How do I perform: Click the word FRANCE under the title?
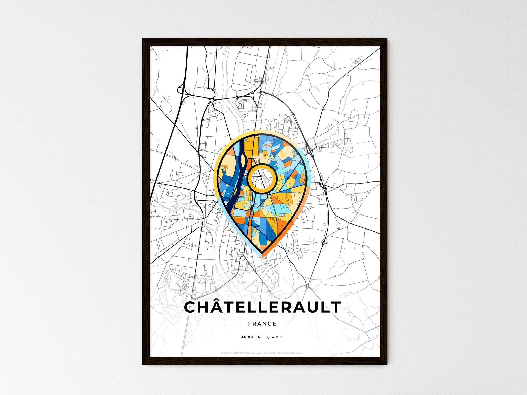coord(262,324)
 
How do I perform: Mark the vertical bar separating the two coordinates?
coord(263,337)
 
